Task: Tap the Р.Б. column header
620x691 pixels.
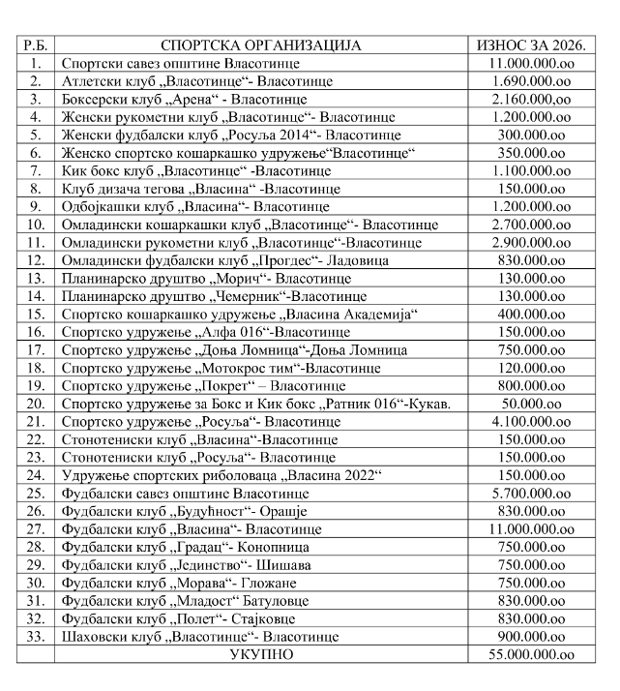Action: tap(37, 45)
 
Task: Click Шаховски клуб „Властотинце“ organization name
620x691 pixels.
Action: tap(199, 637)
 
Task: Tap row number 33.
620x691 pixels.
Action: tap(37, 637)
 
